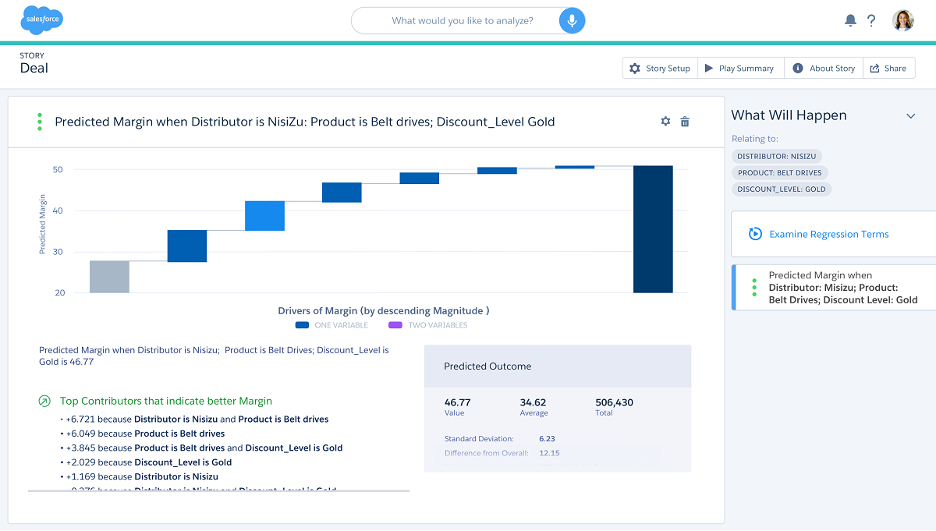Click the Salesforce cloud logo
42,20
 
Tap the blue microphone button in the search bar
572,21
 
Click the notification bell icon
850,21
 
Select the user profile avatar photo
902,20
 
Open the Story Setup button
660,69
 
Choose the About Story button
824,69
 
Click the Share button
888,69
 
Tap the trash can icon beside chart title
685,122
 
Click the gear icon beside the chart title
665,122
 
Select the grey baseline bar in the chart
109,277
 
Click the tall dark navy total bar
653,229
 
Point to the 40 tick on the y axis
58,211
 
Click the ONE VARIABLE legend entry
332,325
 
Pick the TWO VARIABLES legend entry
428,325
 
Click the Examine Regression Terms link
828,234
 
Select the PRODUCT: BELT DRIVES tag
780,172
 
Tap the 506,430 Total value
614,403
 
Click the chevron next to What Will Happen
910,116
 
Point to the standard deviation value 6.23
547,439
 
